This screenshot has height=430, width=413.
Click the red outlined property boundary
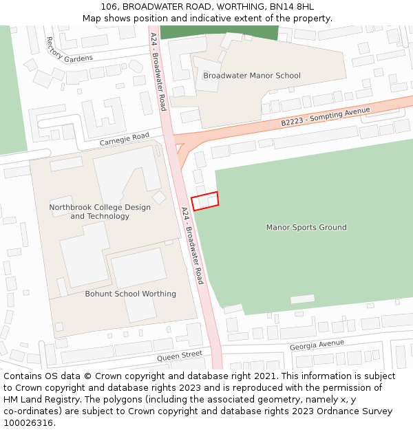click(x=204, y=200)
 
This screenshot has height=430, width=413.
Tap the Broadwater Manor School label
click(x=252, y=76)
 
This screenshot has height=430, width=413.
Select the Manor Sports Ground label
click(x=306, y=227)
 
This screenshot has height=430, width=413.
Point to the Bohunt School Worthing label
click(x=130, y=294)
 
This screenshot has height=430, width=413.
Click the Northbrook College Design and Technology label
click(x=100, y=212)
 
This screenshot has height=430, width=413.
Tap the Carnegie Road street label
click(x=124, y=139)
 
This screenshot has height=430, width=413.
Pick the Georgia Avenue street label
click(x=316, y=344)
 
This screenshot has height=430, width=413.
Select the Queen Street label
click(x=179, y=356)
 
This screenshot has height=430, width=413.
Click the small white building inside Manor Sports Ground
click(x=302, y=299)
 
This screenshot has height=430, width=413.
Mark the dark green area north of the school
click(x=219, y=32)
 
